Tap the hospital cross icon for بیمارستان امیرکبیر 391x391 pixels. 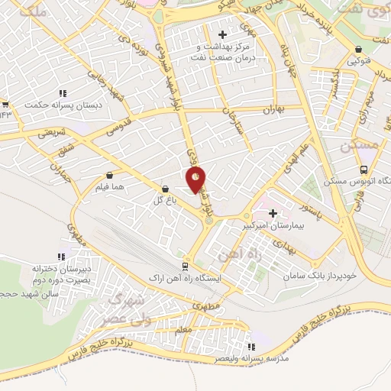(x=273, y=213)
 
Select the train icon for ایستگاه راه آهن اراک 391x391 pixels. (x=185, y=266)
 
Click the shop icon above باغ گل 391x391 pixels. (x=166, y=189)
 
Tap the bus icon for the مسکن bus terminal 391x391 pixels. (x=364, y=170)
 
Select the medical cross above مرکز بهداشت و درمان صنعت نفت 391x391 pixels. (x=222, y=34)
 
